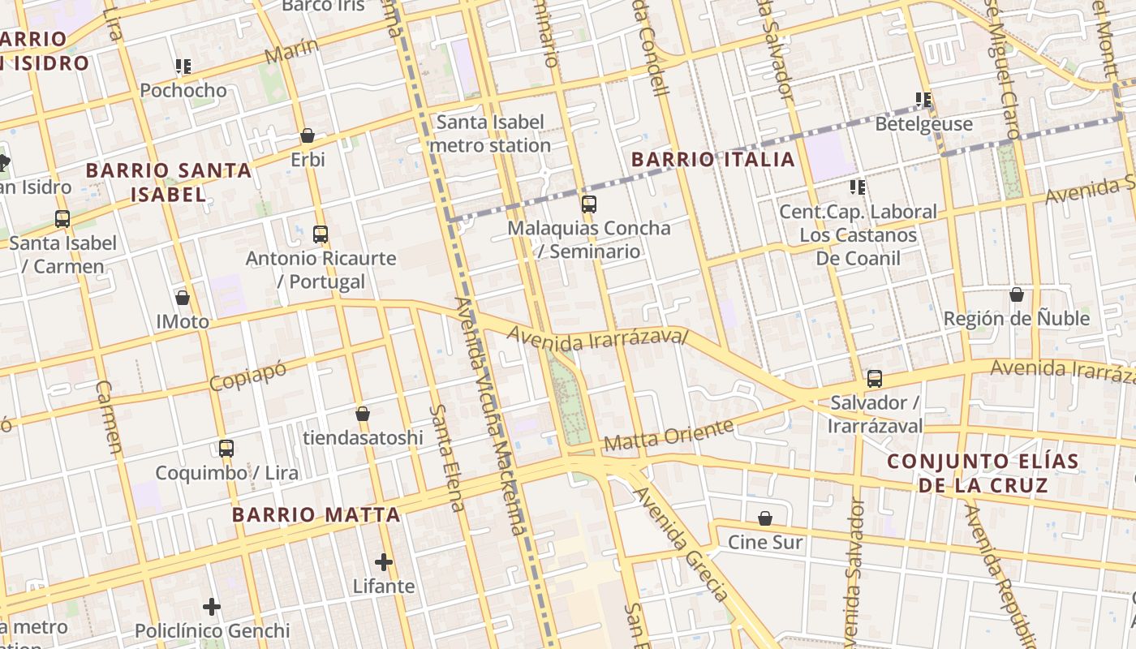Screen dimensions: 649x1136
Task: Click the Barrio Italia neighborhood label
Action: coord(712,159)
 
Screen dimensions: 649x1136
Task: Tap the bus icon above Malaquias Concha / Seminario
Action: coord(589,204)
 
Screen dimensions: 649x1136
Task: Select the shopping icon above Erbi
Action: coord(308,135)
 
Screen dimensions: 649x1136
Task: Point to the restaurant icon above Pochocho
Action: coord(183,67)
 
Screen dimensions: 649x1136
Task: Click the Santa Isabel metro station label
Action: coord(490,134)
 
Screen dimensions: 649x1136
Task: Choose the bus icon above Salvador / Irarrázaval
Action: coord(874,379)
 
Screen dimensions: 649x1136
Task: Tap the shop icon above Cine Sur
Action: coord(764,518)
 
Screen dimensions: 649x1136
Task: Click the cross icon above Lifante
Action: coord(384,561)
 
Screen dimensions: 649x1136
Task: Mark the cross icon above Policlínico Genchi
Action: coord(212,606)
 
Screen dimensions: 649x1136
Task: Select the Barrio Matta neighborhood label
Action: coord(316,514)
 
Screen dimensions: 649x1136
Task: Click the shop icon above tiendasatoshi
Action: coord(363,414)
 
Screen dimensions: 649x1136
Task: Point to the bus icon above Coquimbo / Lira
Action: coord(226,449)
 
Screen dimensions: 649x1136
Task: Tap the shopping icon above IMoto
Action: coord(183,298)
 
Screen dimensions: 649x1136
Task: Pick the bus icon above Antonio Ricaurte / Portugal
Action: coord(321,234)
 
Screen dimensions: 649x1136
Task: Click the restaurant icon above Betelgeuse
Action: coord(923,100)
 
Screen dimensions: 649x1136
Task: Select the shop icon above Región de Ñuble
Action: coord(1016,294)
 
